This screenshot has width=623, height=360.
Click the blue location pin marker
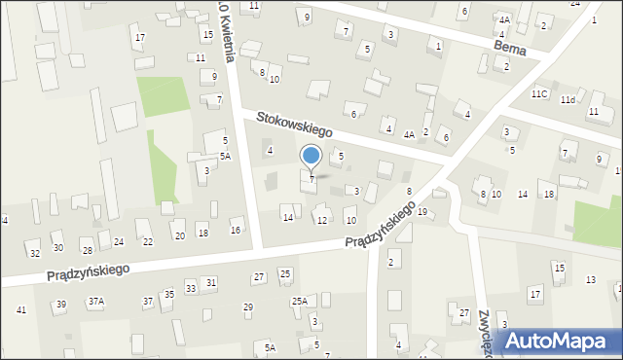(311, 157)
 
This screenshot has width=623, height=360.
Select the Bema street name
(509, 47)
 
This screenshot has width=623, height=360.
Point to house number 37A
(95, 302)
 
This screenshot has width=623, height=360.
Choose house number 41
(21, 309)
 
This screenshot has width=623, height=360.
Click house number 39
(60, 305)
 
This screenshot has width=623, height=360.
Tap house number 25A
(299, 302)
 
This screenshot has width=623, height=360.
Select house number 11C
(539, 93)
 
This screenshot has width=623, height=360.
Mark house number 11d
(568, 99)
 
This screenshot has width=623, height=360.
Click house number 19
(421, 211)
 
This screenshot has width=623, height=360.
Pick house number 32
(34, 253)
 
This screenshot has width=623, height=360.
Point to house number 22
(148, 241)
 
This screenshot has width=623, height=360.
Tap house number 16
(236, 230)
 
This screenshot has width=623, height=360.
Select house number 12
(321, 220)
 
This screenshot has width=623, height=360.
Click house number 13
(590, 279)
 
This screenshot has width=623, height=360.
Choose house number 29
(248, 307)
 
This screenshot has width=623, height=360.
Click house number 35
(168, 294)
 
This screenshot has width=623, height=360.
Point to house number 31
(210, 282)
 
